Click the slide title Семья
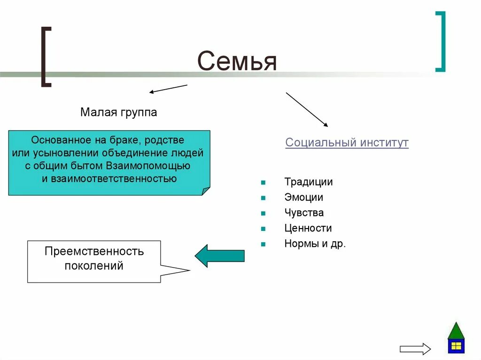[237, 61]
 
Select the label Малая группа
[118, 113]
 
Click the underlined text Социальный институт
[347, 143]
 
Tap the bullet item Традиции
[308, 182]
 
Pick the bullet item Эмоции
[303, 197]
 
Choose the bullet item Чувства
[304, 213]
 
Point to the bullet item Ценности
[308, 228]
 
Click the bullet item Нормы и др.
[315, 244]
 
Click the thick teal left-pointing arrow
[219, 256]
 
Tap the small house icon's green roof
[456, 331]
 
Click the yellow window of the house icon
[456, 346]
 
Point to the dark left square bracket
[46, 57]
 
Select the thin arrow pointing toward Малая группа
[168, 89]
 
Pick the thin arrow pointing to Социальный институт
[307, 109]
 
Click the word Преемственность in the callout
[94, 251]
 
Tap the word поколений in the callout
[94, 266]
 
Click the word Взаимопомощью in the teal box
[148, 166]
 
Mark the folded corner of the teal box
[205, 191]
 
